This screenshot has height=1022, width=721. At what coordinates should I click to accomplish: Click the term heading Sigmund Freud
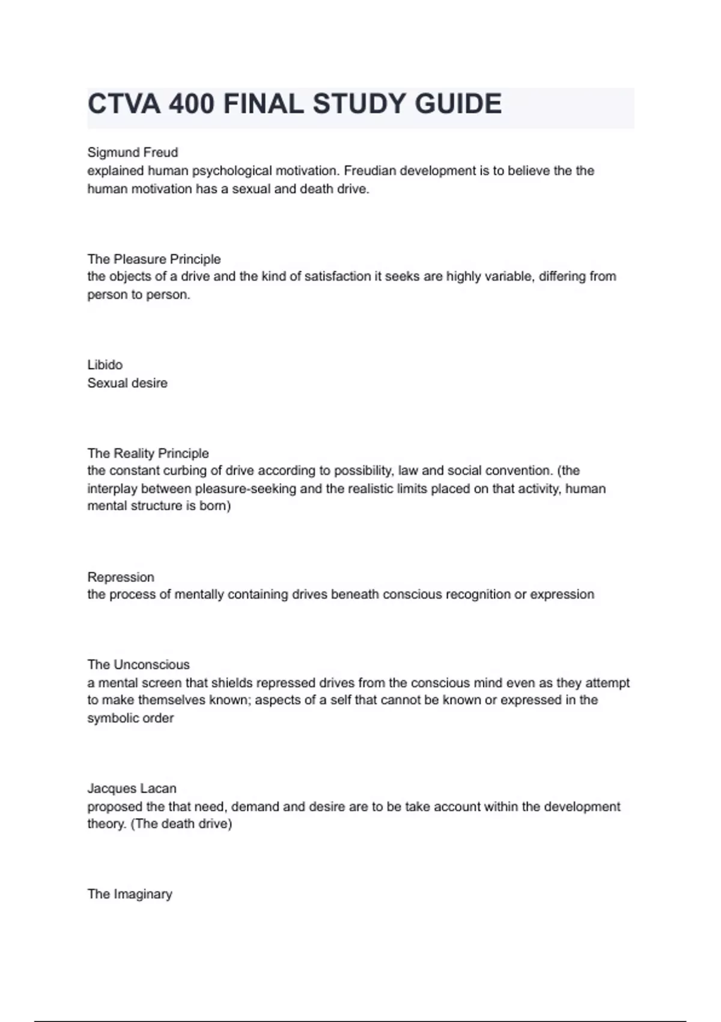[133, 153]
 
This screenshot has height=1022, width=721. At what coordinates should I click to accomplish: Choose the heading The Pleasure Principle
[154, 259]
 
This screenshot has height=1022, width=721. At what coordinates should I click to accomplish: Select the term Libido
[105, 365]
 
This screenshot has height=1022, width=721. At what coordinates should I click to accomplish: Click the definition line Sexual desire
[127, 383]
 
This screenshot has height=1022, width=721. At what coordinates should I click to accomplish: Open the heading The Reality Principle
[148, 453]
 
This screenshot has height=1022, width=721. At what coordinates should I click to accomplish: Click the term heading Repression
[121, 577]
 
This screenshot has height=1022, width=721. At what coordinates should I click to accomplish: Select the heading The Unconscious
[138, 665]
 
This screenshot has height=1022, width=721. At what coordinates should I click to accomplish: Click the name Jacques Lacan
[132, 789]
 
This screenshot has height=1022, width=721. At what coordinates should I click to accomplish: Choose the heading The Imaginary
[130, 895]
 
